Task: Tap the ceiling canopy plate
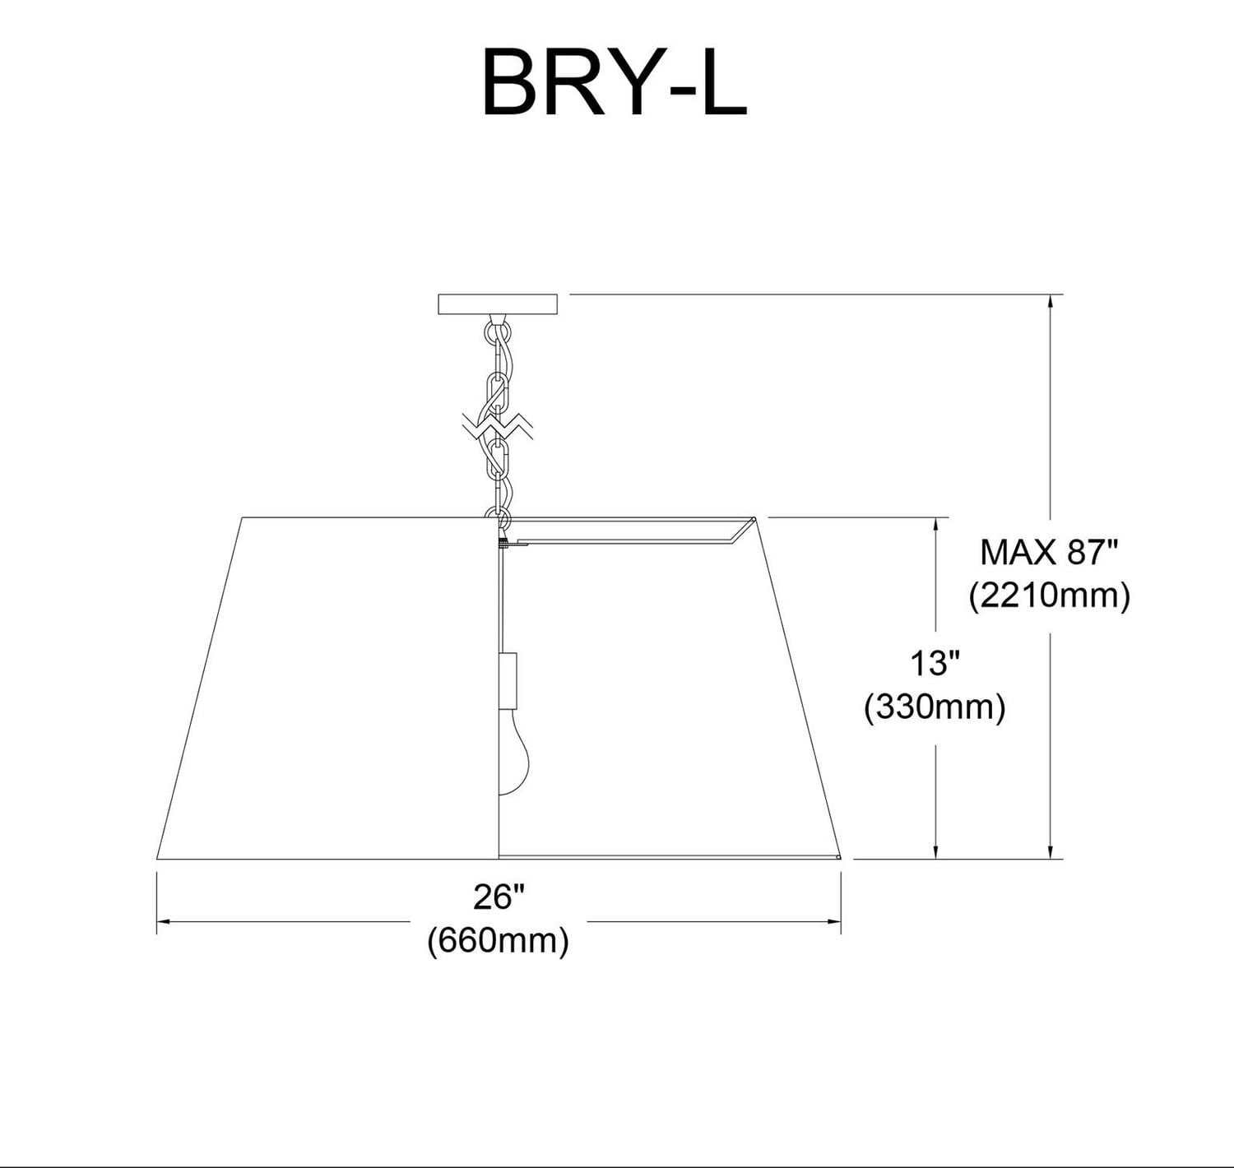click(x=498, y=304)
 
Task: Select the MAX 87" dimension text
click(x=1049, y=553)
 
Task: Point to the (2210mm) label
click(x=1049, y=595)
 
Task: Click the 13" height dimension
click(x=935, y=663)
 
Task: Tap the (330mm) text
click(x=935, y=707)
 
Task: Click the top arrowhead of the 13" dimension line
click(x=935, y=524)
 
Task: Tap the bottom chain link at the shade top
click(x=499, y=518)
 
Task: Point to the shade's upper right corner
click(x=756, y=518)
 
